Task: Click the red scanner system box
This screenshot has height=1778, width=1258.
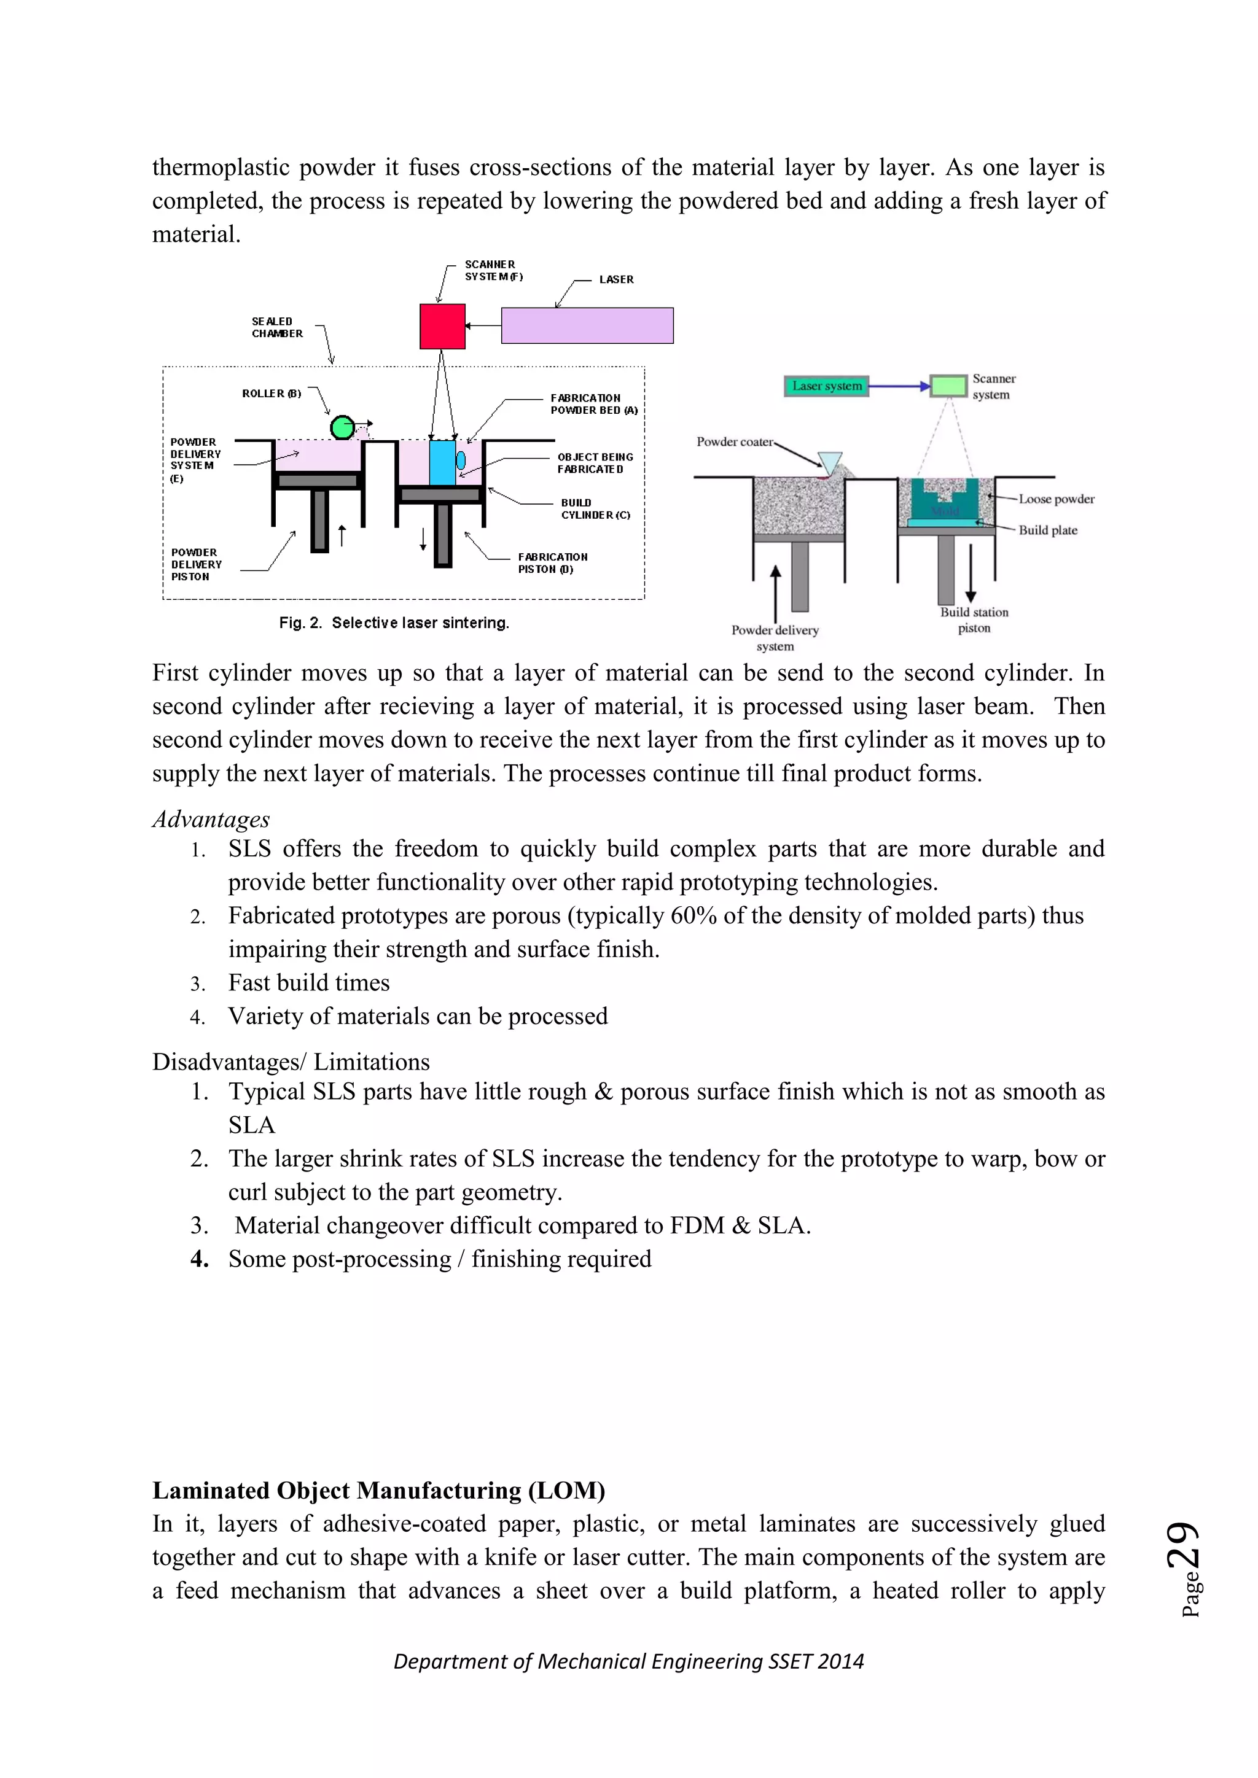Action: click(x=442, y=326)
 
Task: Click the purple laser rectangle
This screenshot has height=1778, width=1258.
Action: click(x=587, y=325)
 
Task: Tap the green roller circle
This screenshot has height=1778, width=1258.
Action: click(x=342, y=427)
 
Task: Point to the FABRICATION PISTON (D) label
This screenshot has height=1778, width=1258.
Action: click(x=552, y=563)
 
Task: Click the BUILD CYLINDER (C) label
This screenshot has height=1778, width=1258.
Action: click(x=595, y=509)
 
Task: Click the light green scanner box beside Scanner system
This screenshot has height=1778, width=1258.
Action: click(x=948, y=386)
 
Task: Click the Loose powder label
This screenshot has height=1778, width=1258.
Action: click(x=1056, y=500)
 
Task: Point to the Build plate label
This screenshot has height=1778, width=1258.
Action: click(x=1047, y=530)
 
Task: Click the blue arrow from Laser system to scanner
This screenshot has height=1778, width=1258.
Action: click(x=899, y=386)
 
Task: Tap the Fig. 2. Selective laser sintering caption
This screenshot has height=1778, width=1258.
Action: click(x=394, y=623)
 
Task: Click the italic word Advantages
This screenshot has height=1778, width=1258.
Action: click(x=211, y=819)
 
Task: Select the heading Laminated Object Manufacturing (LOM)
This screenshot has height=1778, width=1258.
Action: click(x=378, y=1490)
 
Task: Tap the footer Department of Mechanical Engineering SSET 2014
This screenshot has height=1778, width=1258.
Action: click(x=628, y=1661)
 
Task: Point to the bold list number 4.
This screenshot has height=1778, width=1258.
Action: click(x=199, y=1259)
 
